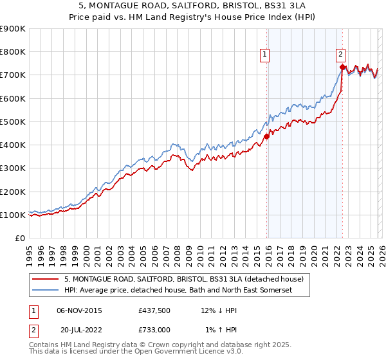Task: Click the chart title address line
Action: click(x=193, y=6)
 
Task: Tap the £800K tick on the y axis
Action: click(x=13, y=52)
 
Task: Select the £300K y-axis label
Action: click(x=13, y=168)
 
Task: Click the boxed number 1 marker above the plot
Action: click(x=265, y=55)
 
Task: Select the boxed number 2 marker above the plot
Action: click(x=340, y=55)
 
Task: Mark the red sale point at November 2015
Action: click(x=266, y=136)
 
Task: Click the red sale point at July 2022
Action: click(x=342, y=66)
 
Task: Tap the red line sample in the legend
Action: click(x=45, y=279)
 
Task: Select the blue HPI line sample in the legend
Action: click(x=45, y=291)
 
